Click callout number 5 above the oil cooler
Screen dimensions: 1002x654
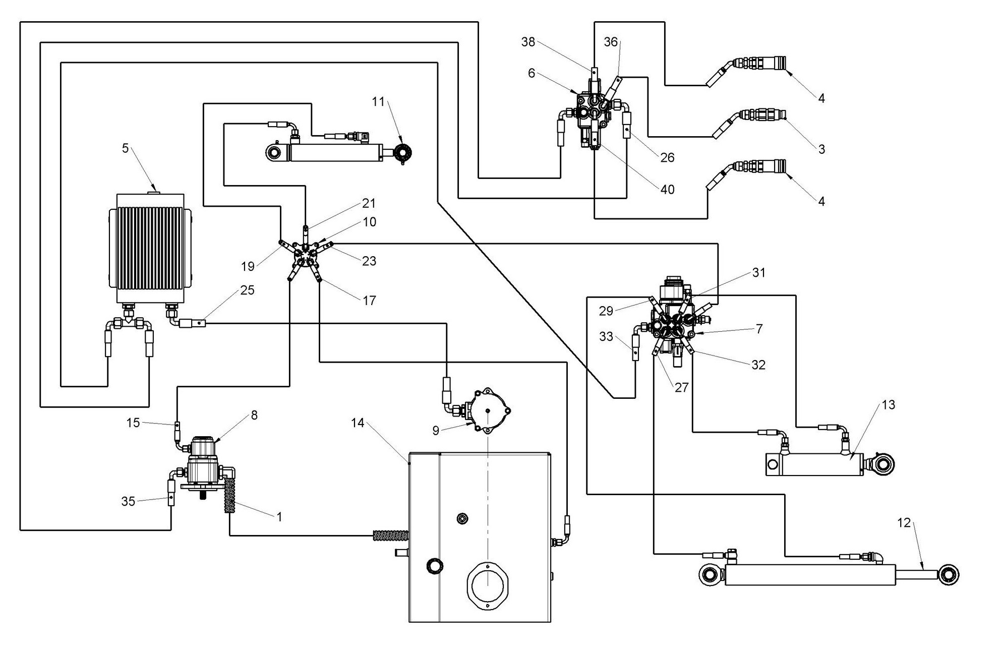click(x=126, y=148)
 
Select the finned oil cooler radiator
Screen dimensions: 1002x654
click(x=150, y=248)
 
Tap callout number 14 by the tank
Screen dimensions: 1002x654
click(x=358, y=423)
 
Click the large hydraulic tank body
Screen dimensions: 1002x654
click(x=480, y=537)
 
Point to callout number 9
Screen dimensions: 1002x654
click(x=436, y=430)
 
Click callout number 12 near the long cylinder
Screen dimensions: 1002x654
click(x=904, y=523)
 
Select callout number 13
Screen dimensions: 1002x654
click(x=888, y=404)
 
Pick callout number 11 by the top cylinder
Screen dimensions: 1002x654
click(x=378, y=102)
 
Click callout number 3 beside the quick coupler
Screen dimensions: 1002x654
click(x=821, y=149)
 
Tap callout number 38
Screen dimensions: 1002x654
click(x=528, y=42)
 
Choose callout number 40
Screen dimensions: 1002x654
click(x=667, y=190)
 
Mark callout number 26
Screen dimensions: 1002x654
click(x=667, y=158)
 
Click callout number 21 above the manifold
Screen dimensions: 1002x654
click(x=369, y=203)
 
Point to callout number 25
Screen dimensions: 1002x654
click(x=247, y=290)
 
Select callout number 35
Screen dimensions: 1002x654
click(x=128, y=501)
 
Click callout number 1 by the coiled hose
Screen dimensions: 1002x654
click(x=279, y=516)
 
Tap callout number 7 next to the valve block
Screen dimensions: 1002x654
click(x=759, y=329)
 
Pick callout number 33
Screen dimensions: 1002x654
click(x=606, y=336)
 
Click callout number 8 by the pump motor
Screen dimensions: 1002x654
click(x=254, y=415)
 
